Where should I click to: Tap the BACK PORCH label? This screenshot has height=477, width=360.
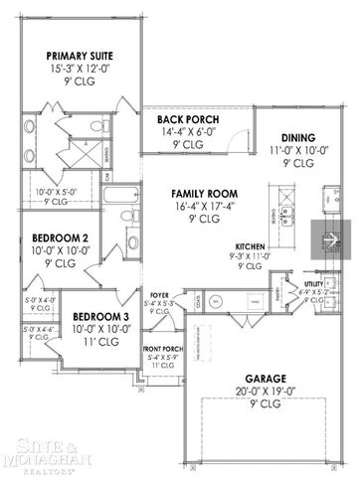coord(188,120)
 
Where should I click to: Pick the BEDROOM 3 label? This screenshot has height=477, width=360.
coord(97,316)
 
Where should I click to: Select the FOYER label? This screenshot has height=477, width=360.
coord(159,295)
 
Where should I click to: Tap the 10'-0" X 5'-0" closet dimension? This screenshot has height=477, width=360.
coord(50,192)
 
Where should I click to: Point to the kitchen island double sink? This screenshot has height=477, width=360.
coord(287,212)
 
